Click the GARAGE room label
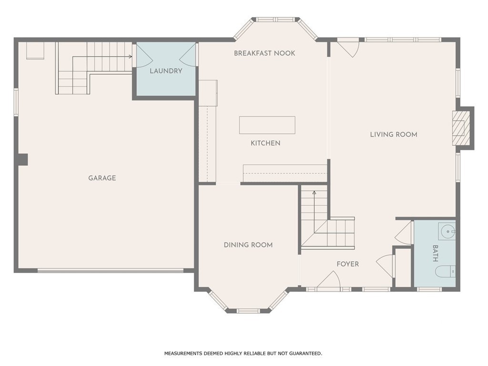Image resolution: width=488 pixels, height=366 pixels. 102,178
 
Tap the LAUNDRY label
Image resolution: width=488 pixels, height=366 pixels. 166,71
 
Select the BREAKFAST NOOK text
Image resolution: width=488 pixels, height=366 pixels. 264,53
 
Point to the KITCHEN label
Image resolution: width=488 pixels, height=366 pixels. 265,143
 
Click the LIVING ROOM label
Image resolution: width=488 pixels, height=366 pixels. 394,134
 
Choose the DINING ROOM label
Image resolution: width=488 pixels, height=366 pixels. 248,245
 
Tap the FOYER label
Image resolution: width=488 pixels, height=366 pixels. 347,264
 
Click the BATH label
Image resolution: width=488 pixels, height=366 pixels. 436,254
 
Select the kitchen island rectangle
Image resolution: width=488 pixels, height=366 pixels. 267,125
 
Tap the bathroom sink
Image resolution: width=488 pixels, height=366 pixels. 447,231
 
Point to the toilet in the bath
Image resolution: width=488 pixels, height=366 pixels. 446,272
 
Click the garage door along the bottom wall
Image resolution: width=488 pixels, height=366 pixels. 111,271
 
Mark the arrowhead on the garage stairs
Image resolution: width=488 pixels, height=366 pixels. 131,57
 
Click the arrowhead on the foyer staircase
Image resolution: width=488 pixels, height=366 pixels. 315,193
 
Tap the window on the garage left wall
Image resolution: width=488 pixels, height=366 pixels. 16,102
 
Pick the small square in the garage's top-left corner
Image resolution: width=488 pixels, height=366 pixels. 35,51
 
